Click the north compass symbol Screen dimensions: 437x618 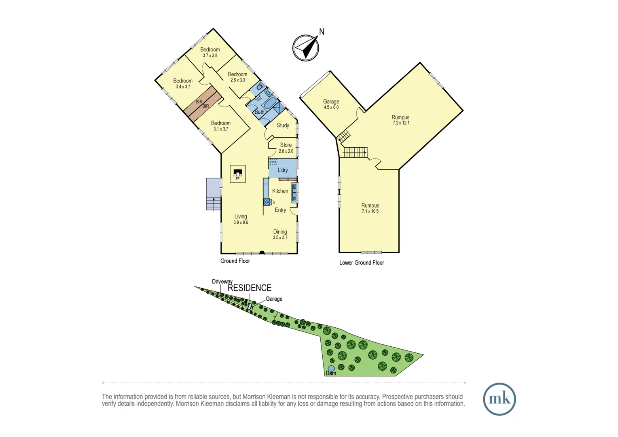point(306,48)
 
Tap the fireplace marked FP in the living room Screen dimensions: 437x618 point(238,174)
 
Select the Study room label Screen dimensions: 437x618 point(283,125)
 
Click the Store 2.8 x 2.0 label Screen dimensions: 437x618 point(286,148)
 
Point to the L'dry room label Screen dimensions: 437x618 point(283,170)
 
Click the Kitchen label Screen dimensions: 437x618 point(280,191)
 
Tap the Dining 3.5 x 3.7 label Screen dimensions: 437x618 point(280,235)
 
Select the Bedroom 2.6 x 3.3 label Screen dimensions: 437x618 point(237,77)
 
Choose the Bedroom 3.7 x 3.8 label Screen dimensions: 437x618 point(210,52)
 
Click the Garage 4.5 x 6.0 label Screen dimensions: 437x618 point(331,104)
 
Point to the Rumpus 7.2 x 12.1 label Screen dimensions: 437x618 point(400,120)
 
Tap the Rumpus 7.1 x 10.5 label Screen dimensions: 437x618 point(370,208)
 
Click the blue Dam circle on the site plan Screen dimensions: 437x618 point(331,368)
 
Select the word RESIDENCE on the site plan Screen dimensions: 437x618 point(250,288)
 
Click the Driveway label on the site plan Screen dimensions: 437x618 point(222,282)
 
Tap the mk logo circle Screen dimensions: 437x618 point(499,399)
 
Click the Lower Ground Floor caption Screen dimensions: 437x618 point(362,263)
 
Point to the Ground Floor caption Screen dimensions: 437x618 point(235,261)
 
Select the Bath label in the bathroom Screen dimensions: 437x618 point(259,112)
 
